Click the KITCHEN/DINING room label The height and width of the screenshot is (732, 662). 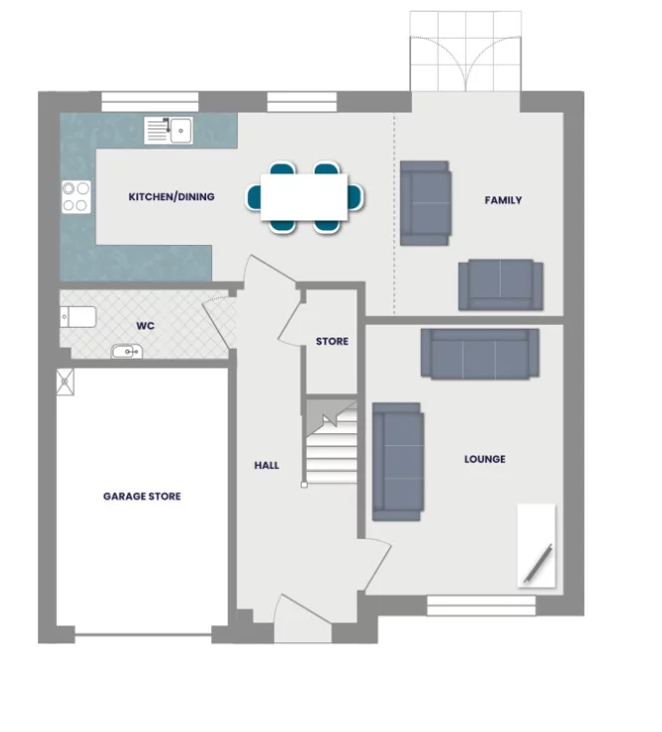tap(171, 197)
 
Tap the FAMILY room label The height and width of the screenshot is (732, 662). tap(503, 200)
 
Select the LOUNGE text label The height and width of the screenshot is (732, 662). tap(485, 459)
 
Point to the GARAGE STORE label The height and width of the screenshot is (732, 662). tap(142, 496)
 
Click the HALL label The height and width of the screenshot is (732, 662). tap(267, 465)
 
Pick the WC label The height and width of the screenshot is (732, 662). tap(145, 326)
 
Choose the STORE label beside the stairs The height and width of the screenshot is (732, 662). tap(332, 342)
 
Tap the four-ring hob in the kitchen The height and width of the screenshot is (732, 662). tap(77, 196)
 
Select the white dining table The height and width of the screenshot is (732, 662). tap(305, 197)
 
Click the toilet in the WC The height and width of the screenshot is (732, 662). tap(80, 318)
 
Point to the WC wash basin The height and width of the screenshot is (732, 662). tap(126, 352)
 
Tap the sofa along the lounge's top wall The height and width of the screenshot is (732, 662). tap(480, 354)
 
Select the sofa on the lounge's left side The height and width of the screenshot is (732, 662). tap(397, 461)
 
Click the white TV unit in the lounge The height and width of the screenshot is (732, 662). tap(537, 545)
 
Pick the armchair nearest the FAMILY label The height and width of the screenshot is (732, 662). tap(426, 202)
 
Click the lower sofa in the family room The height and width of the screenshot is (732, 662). tap(501, 285)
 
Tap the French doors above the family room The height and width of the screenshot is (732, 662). tap(466, 52)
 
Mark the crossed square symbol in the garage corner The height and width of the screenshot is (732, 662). tap(67, 379)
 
